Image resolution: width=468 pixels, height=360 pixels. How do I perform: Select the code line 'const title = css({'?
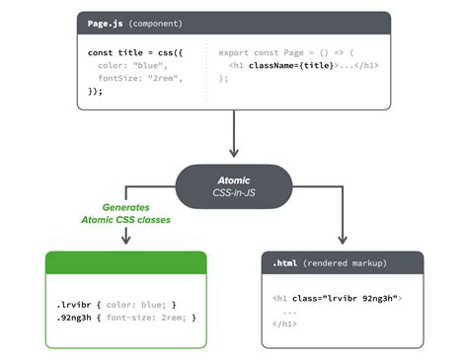(133, 49)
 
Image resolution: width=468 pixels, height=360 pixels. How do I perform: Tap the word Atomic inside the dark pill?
(234, 180)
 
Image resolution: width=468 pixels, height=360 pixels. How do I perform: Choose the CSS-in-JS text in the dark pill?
(234, 193)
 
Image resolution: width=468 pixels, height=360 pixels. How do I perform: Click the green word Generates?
(126, 208)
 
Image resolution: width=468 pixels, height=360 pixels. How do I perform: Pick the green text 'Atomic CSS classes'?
(126, 221)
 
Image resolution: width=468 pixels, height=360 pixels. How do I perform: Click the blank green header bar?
(126, 262)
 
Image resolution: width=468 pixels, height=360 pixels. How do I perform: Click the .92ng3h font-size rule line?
(126, 318)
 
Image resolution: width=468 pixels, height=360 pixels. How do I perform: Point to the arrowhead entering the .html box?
(343, 240)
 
